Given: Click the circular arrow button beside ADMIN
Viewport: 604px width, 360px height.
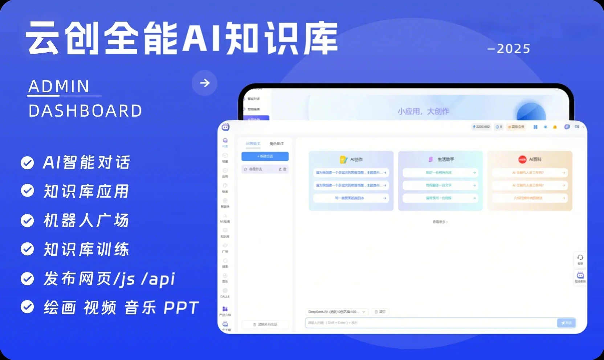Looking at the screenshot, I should [x=204, y=83].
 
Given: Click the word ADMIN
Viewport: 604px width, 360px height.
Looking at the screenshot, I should [x=59, y=86].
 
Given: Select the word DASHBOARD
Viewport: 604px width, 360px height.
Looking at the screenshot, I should [x=85, y=111].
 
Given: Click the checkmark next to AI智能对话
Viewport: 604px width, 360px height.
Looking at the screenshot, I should [x=27, y=163].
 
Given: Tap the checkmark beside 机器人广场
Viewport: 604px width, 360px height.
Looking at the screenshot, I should [x=27, y=221].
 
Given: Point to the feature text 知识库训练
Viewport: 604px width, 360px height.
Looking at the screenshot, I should [x=86, y=250].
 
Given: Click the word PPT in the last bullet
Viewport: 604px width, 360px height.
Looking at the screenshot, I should [x=181, y=308].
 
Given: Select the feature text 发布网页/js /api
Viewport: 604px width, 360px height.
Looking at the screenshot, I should [x=109, y=279].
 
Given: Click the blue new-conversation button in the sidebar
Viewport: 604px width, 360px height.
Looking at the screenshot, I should [x=265, y=156].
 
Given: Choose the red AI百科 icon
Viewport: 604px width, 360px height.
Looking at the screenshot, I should [x=522, y=159].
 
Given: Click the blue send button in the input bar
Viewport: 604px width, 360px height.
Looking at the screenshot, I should [x=566, y=323].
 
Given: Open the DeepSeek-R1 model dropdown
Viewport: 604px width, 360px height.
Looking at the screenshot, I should [x=337, y=312].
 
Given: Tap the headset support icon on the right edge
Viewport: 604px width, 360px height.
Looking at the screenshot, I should [x=580, y=258].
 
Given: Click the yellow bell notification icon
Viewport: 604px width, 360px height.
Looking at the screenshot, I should [x=555, y=127].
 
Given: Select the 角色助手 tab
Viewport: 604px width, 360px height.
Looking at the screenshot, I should [x=277, y=144].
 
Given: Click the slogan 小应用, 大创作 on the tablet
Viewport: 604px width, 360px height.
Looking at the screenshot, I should [x=423, y=111].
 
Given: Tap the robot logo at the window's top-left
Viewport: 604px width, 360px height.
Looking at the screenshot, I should [x=225, y=127].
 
